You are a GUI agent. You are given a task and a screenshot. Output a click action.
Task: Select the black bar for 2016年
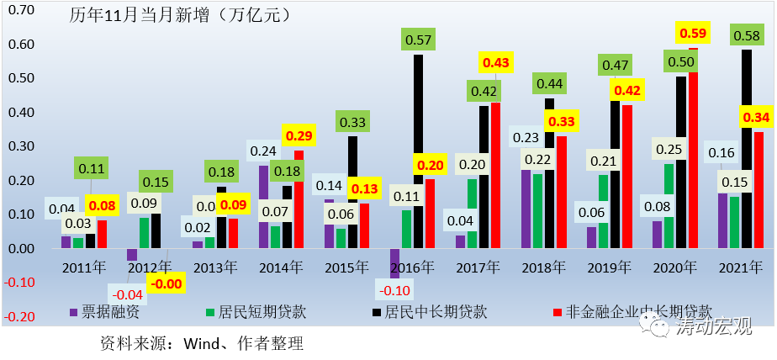418,151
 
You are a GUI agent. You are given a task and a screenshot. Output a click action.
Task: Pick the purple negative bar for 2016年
394,263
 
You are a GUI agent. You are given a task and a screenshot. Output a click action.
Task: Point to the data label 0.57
417,39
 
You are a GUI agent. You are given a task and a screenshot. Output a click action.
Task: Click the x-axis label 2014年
280,267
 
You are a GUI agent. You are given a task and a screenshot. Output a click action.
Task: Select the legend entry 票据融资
105,312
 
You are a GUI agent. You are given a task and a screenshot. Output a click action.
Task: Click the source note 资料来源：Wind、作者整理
201,342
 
